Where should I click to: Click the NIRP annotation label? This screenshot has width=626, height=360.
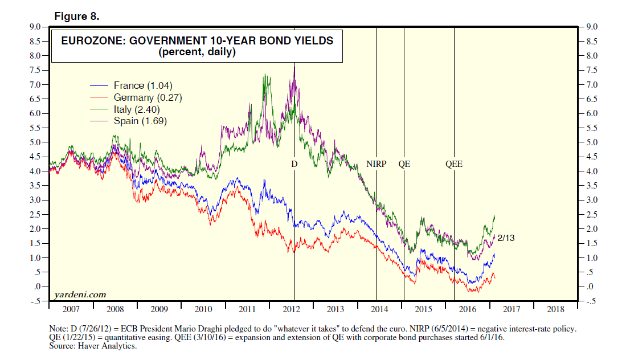(x=376, y=164)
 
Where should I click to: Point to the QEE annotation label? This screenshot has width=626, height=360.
(x=454, y=164)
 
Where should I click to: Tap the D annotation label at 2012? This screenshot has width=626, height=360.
(x=294, y=164)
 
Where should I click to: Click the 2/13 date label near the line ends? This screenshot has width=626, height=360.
(x=506, y=238)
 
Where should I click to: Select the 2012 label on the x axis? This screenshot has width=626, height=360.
(x=291, y=309)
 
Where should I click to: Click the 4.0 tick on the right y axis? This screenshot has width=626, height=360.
(x=590, y=171)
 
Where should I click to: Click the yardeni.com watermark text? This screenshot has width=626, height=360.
(x=80, y=294)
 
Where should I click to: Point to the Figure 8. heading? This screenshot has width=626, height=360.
(x=77, y=17)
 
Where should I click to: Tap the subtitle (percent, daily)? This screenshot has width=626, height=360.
(x=197, y=52)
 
